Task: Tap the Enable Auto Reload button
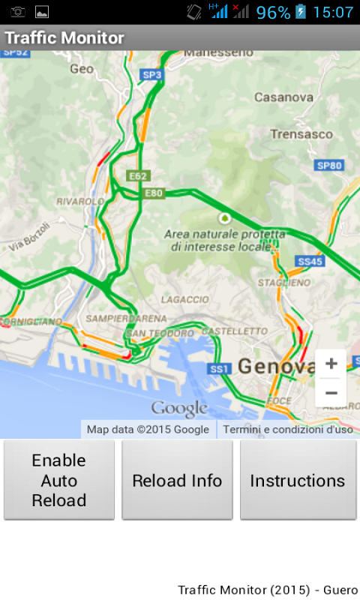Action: click(x=59, y=480)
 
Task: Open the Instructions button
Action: click(x=298, y=480)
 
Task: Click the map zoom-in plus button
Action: click(x=331, y=364)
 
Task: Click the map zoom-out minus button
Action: click(x=331, y=392)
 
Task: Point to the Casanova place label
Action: click(x=283, y=97)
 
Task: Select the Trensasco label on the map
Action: click(x=301, y=134)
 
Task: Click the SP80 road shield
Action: click(x=329, y=165)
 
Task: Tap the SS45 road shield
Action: click(x=309, y=261)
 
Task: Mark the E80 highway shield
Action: click(x=153, y=193)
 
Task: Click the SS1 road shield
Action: click(x=218, y=368)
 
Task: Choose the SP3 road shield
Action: click(x=152, y=75)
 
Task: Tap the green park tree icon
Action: click(x=223, y=217)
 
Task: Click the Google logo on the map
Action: click(x=179, y=409)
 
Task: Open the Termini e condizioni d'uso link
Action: click(x=288, y=430)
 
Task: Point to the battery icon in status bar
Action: click(x=301, y=12)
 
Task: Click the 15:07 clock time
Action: click(x=333, y=12)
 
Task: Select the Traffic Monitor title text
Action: click(x=64, y=37)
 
